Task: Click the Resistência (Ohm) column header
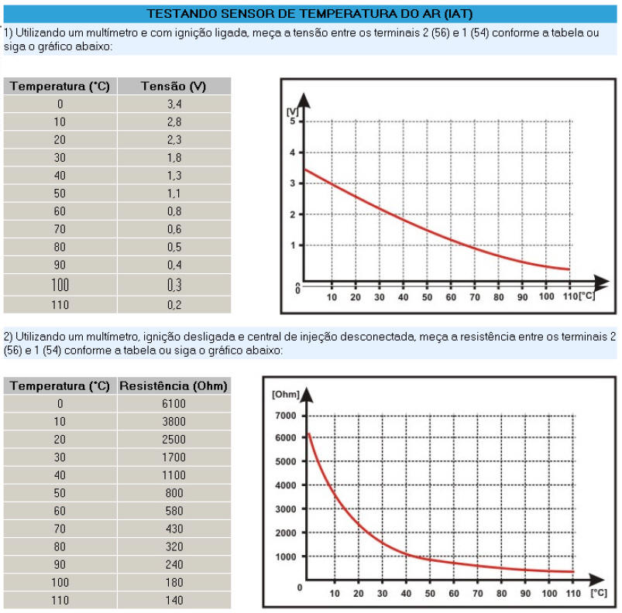[x=174, y=385]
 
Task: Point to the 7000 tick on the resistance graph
[x=285, y=416]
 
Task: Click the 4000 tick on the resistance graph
[x=285, y=485]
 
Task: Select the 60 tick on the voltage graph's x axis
[x=451, y=297]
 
